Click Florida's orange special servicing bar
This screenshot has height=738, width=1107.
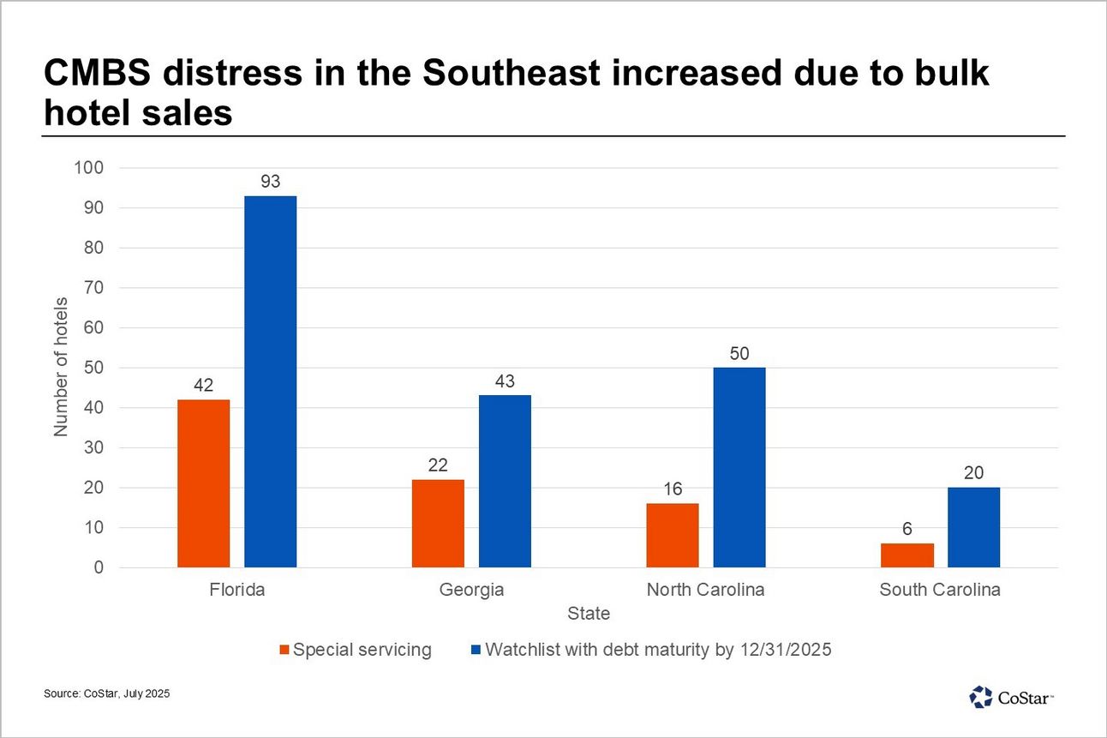[203, 483]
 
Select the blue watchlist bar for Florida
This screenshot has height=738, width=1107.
[270, 381]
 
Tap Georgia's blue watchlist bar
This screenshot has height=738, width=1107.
[505, 481]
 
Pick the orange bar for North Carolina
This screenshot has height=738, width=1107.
[673, 535]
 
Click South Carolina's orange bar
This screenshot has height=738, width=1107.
[907, 555]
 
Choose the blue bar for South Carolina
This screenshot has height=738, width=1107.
[973, 527]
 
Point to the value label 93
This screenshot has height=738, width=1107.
[270, 181]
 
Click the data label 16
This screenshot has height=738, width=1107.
[673, 489]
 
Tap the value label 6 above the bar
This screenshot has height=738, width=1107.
[907, 529]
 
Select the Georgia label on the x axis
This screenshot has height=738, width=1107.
[471, 590]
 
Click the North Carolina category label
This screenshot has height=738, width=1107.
[705, 590]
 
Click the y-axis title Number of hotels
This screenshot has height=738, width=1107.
[61, 368]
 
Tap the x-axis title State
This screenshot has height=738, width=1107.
[589, 614]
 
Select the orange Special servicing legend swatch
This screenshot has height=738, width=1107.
[285, 650]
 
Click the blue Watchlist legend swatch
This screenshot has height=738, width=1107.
[477, 650]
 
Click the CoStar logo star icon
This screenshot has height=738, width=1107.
[980, 696]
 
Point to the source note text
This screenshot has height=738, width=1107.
[106, 693]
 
